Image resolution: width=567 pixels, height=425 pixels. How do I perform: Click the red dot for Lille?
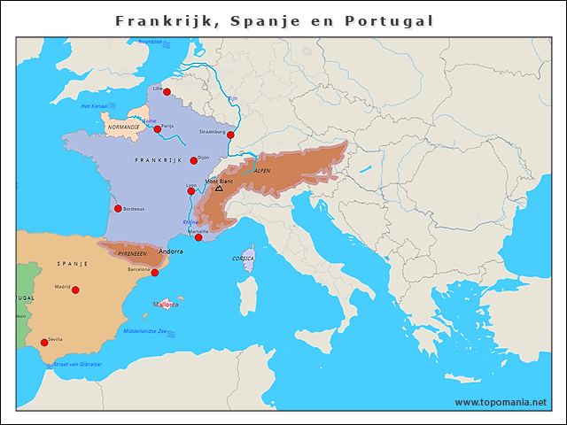(x=167, y=91)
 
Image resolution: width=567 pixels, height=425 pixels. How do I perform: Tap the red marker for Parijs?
(x=158, y=129)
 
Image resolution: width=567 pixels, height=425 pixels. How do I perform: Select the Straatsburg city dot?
(x=230, y=135)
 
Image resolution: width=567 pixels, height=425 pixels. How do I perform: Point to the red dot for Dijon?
(x=193, y=160)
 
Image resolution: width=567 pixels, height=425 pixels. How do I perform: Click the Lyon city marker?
(x=190, y=191)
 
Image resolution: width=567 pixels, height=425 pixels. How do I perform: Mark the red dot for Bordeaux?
(x=118, y=209)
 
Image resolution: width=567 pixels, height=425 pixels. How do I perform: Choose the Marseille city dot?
(x=198, y=237)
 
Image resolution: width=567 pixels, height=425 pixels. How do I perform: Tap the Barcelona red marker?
(x=154, y=273)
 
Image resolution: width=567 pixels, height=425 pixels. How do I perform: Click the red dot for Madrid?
(x=75, y=290)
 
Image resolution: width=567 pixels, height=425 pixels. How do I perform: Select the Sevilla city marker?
(x=44, y=343)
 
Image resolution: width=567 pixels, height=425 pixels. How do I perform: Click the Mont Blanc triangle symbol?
(x=219, y=189)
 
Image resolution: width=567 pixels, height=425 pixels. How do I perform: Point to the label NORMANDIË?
(x=123, y=127)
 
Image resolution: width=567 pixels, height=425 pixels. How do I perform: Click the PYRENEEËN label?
(x=132, y=253)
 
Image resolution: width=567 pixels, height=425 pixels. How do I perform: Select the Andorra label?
(x=170, y=251)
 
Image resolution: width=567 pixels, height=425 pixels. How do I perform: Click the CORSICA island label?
(x=243, y=259)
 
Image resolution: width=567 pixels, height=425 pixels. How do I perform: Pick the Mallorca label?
(x=166, y=305)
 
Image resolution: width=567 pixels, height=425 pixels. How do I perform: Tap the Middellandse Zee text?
(x=144, y=332)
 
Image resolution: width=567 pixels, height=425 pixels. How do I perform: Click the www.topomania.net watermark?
(x=501, y=403)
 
